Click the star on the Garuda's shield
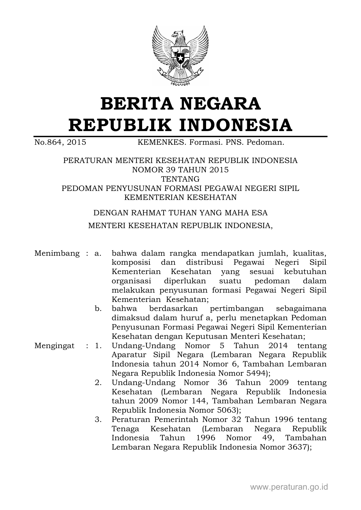[x=180, y=57]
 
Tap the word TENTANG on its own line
[x=180, y=179]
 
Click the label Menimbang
[x=57, y=253]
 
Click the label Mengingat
[x=54, y=346]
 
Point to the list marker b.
[x=98, y=309]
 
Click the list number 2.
[x=98, y=383]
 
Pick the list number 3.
[x=98, y=420]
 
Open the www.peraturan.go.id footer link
[x=289, y=487]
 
